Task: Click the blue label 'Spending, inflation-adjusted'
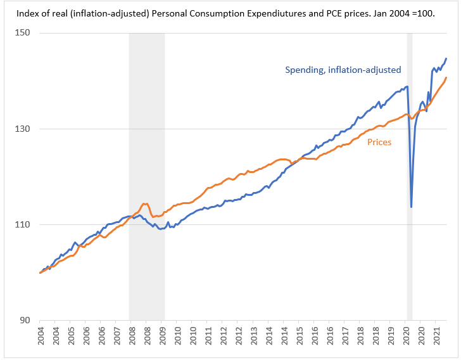(343, 70)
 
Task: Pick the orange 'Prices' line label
(379, 142)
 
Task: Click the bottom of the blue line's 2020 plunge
(412, 207)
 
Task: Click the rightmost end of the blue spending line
(446, 58)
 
